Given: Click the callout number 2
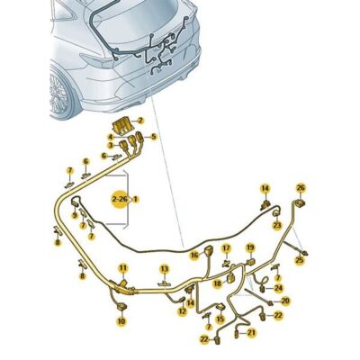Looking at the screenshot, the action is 140,121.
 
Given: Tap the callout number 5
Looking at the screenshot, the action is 154,137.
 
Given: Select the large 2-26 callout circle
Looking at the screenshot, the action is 121,199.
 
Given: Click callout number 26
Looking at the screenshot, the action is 301,188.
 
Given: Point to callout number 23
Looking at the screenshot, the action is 277,225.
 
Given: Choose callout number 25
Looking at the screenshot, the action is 300,260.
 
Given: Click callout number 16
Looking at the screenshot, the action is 194,255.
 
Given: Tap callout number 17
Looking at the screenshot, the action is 227,248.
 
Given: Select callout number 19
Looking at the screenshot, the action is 250,247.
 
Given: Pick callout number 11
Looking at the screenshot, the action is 123,267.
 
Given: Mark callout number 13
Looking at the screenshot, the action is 165,269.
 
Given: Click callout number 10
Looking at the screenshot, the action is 121,321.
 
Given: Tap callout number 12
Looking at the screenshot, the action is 182,311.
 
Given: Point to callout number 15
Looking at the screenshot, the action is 220,319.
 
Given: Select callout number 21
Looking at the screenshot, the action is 252,332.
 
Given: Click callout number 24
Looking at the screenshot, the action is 279,288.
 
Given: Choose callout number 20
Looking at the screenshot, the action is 285,301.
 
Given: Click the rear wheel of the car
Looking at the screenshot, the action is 61,94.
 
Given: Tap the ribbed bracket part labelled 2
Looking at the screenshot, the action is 123,126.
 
